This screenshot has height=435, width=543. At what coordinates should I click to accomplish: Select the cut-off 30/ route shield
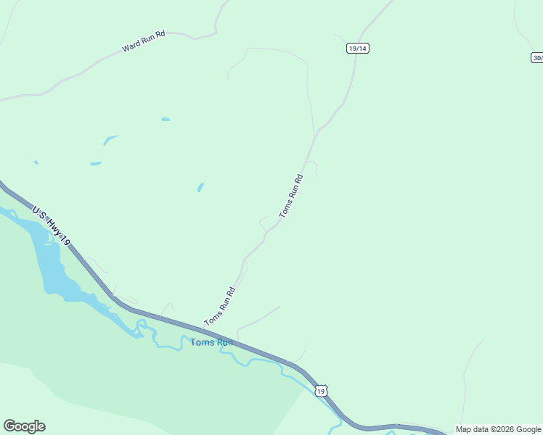(537, 58)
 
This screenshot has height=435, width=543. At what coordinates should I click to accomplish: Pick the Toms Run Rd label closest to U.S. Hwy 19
(220, 307)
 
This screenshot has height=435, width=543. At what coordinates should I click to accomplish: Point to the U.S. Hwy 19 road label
(51, 225)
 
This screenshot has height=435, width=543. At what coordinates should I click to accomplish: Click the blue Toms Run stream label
(211, 342)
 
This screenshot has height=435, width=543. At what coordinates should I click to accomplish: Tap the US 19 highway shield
(321, 391)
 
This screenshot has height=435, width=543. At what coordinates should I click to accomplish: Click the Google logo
(24, 426)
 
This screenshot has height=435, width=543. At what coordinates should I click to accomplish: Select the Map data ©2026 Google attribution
(498, 429)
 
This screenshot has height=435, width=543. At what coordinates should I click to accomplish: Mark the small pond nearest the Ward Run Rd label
(166, 119)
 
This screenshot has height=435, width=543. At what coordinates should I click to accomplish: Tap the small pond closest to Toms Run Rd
(200, 187)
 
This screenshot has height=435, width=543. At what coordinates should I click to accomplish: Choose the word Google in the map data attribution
(528, 429)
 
